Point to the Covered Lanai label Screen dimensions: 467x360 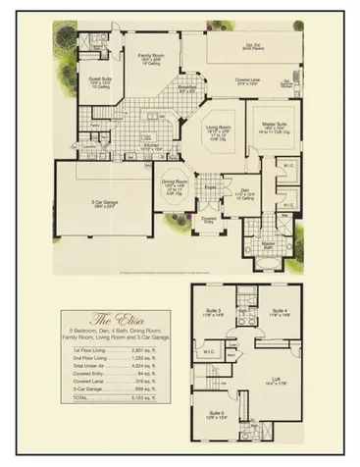[x=254, y=81]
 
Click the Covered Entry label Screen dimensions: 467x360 [x=208, y=220]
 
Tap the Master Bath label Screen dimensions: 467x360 [x=267, y=245]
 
